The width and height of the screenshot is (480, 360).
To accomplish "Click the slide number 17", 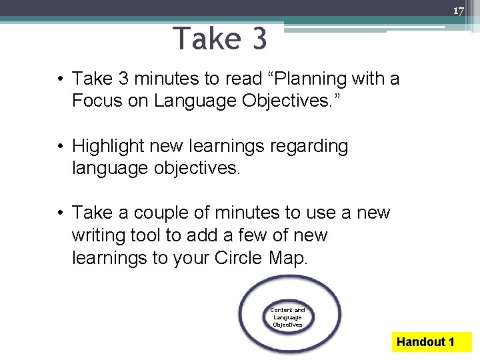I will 458,11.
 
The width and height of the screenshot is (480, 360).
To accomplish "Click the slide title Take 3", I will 219,39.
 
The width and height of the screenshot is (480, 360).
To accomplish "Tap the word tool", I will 158,235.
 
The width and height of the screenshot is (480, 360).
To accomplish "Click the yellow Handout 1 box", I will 425,342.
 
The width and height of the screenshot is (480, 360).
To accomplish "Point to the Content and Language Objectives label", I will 287,317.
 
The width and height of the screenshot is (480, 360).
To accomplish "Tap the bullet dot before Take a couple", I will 60,213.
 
